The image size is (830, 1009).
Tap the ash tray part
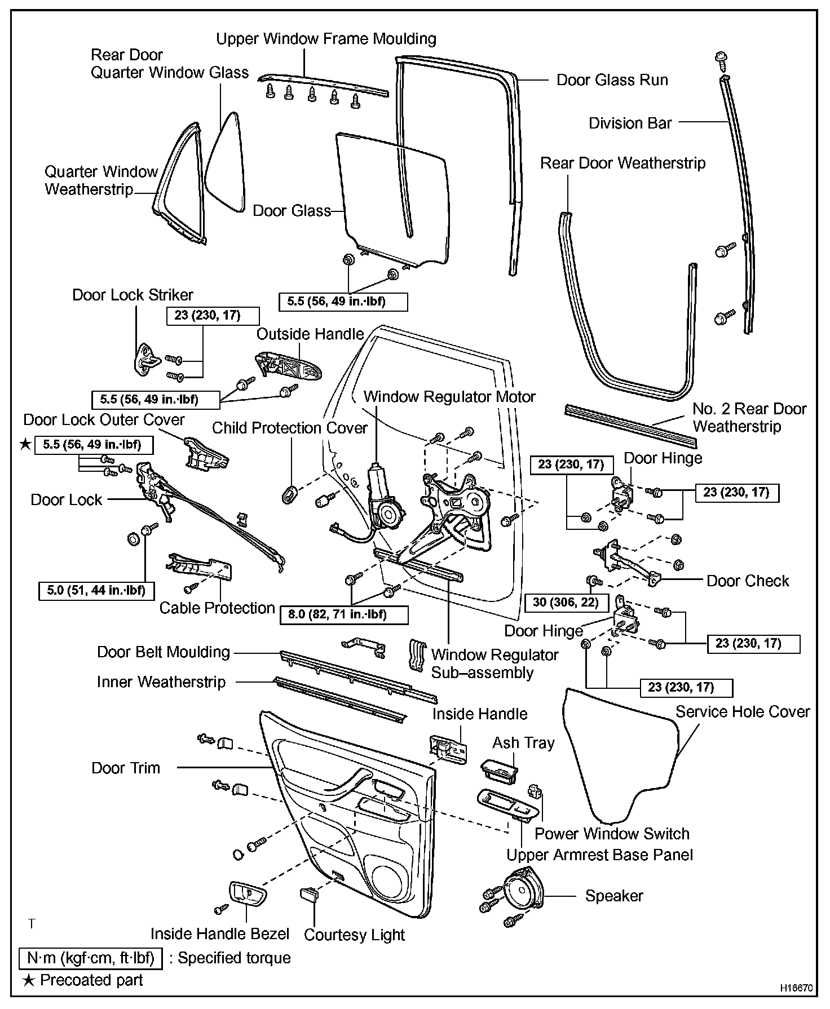(499, 769)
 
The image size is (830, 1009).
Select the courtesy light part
(311, 894)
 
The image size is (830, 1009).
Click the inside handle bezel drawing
(247, 894)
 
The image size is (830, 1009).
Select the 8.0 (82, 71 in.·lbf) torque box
(343, 614)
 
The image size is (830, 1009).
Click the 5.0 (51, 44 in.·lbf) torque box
(96, 590)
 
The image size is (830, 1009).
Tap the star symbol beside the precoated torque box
(25, 445)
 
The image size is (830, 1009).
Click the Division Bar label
(630, 123)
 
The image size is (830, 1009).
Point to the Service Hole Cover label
(743, 712)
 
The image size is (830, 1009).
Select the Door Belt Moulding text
(164, 652)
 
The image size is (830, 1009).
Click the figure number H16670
(796, 988)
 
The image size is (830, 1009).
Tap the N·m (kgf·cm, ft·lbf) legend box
(91, 958)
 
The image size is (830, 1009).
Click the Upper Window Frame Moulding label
(326, 39)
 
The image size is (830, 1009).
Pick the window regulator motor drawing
(383, 499)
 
